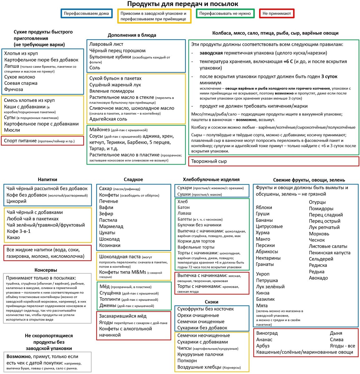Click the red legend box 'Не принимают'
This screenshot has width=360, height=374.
coord(277,13)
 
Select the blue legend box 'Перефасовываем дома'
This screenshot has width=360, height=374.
coord(86,13)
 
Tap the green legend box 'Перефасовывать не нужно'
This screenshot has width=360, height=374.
coord(225,13)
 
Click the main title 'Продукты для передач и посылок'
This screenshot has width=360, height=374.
coord(182,4)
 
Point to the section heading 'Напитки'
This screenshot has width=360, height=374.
coord(47,180)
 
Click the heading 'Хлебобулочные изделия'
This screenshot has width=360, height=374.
coord(211,180)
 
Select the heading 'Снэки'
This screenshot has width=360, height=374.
coord(212,302)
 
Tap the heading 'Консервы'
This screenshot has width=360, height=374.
coord(46,270)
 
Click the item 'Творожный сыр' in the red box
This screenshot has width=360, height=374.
coord(209,161)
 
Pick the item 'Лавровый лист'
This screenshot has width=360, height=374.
coord(106,44)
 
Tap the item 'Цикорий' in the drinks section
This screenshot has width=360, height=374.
coord(16,201)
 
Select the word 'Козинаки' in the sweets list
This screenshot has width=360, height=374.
coord(110,245)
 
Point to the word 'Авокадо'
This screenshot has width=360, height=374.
coord(318,278)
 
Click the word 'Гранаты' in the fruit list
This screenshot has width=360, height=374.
coord(265,264)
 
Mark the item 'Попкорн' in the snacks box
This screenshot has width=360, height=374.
coord(187,361)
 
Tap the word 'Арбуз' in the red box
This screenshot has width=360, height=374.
coord(263,346)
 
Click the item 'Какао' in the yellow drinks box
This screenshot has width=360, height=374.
coord(13,237)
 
